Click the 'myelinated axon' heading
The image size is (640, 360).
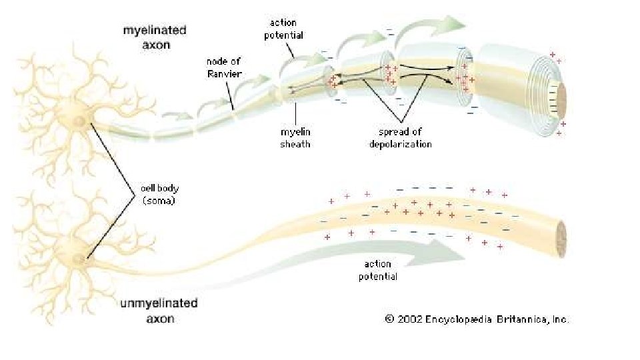155,37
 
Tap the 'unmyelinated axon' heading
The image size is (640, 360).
159,311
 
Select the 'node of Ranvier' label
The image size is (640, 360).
223,67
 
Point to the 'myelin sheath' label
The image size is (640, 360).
295,138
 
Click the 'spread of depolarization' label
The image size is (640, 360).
401,138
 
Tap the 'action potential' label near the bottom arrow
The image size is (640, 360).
378,270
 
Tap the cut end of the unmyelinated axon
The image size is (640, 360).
561,235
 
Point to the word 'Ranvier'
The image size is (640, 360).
223,73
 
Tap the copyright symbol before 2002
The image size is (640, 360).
389,319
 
